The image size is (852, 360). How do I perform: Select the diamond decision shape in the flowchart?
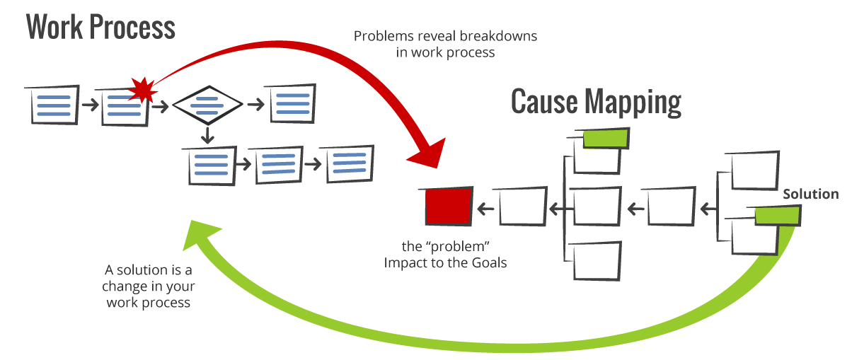point(207,105)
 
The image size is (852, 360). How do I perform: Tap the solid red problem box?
point(449,207)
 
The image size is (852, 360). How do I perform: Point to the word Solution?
point(811,194)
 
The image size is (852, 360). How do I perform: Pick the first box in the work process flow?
point(52,106)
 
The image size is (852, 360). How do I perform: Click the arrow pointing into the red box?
point(484,207)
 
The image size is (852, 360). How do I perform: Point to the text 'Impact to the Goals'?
point(446,263)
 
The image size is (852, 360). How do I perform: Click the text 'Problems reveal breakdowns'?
point(445,36)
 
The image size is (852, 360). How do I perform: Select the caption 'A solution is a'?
point(149,270)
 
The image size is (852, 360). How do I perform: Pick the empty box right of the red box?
point(523,207)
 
